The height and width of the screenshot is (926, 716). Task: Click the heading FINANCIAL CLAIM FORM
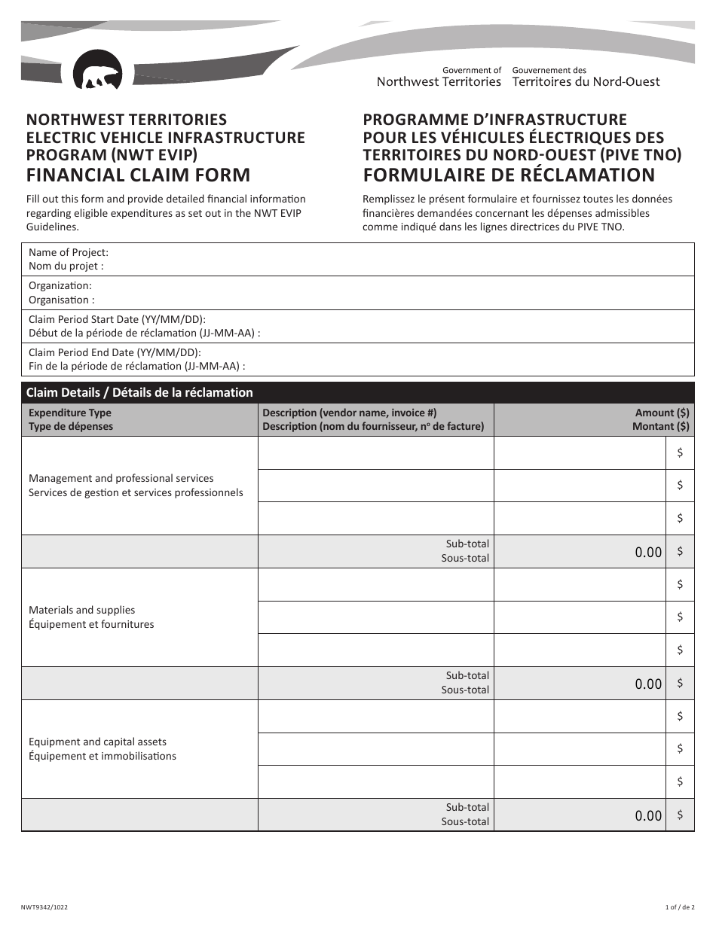pyautogui.click(x=138, y=175)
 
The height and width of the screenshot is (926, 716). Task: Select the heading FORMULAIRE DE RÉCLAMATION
pyautogui.click(x=509, y=175)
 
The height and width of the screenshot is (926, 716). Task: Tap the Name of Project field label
pyautogui.click(x=68, y=253)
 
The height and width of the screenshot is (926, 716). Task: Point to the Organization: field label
pyautogui.click(x=60, y=286)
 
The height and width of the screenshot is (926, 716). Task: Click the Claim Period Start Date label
pyautogui.click(x=117, y=319)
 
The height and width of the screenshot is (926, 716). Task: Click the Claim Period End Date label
pyautogui.click(x=114, y=352)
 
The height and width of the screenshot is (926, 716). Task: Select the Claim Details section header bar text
pyautogui.click(x=139, y=392)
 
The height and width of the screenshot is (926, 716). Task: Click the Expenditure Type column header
pyautogui.click(x=69, y=413)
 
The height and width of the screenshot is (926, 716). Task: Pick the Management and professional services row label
pyautogui.click(x=121, y=479)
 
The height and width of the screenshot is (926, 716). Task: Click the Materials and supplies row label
pyautogui.click(x=81, y=611)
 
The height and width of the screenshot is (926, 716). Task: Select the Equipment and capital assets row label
pyautogui.click(x=97, y=742)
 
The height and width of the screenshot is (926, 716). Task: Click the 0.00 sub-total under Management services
pyautogui.click(x=647, y=553)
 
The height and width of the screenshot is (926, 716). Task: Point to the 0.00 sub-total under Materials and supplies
pyautogui.click(x=647, y=684)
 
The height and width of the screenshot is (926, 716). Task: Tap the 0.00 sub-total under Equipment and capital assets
pyautogui.click(x=647, y=816)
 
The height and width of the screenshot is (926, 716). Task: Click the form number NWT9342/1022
pyautogui.click(x=47, y=909)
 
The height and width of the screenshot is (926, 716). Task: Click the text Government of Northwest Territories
pyautogui.click(x=439, y=76)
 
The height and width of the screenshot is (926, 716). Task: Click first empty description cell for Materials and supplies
pyautogui.click(x=375, y=584)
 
